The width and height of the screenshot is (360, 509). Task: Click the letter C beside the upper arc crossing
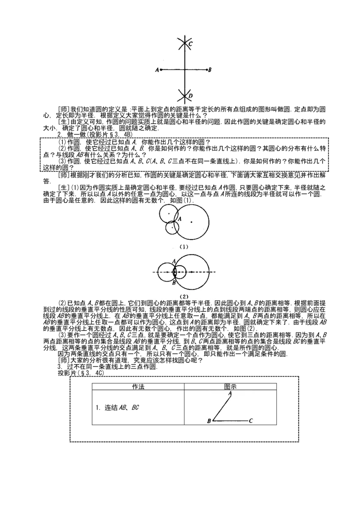point(190,44)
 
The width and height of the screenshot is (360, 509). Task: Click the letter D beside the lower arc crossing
point(190,96)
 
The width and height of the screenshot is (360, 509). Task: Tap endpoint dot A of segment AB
point(161,70)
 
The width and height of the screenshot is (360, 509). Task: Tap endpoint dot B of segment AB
point(207,70)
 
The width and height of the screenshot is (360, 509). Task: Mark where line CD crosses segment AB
point(184,70)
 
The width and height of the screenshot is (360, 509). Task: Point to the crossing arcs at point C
point(184,44)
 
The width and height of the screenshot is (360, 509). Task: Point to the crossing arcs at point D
point(184,95)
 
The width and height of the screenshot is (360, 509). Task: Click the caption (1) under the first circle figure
point(183,246)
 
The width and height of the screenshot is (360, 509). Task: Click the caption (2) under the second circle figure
point(183,296)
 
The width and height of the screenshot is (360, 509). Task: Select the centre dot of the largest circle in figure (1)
point(191,222)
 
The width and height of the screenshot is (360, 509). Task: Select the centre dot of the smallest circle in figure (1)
point(172,228)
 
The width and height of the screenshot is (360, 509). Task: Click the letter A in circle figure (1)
point(180,219)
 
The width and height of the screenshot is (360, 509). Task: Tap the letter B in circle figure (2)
point(174,283)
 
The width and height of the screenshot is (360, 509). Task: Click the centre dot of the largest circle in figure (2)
point(192,272)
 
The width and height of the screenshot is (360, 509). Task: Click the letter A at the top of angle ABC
point(230,393)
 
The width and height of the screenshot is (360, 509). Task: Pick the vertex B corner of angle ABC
point(213,421)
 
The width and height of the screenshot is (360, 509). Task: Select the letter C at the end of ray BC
point(251,421)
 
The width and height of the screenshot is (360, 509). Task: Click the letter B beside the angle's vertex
point(209,421)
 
